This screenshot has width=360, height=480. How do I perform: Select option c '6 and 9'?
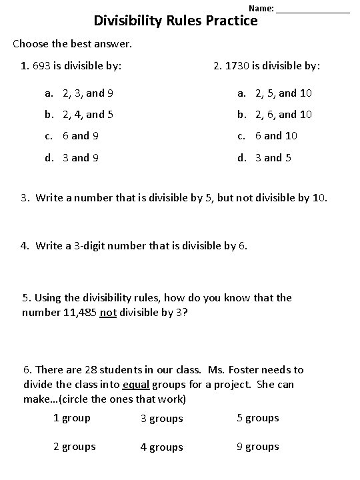point(81,136)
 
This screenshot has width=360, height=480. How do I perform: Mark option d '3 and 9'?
point(81,157)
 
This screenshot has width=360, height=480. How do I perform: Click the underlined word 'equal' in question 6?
point(135,384)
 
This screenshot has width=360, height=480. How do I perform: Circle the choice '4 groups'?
point(161,448)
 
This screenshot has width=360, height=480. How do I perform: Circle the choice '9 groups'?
point(257,447)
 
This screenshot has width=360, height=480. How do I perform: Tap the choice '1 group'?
point(71,418)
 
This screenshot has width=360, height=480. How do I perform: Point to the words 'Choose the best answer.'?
point(73,44)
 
